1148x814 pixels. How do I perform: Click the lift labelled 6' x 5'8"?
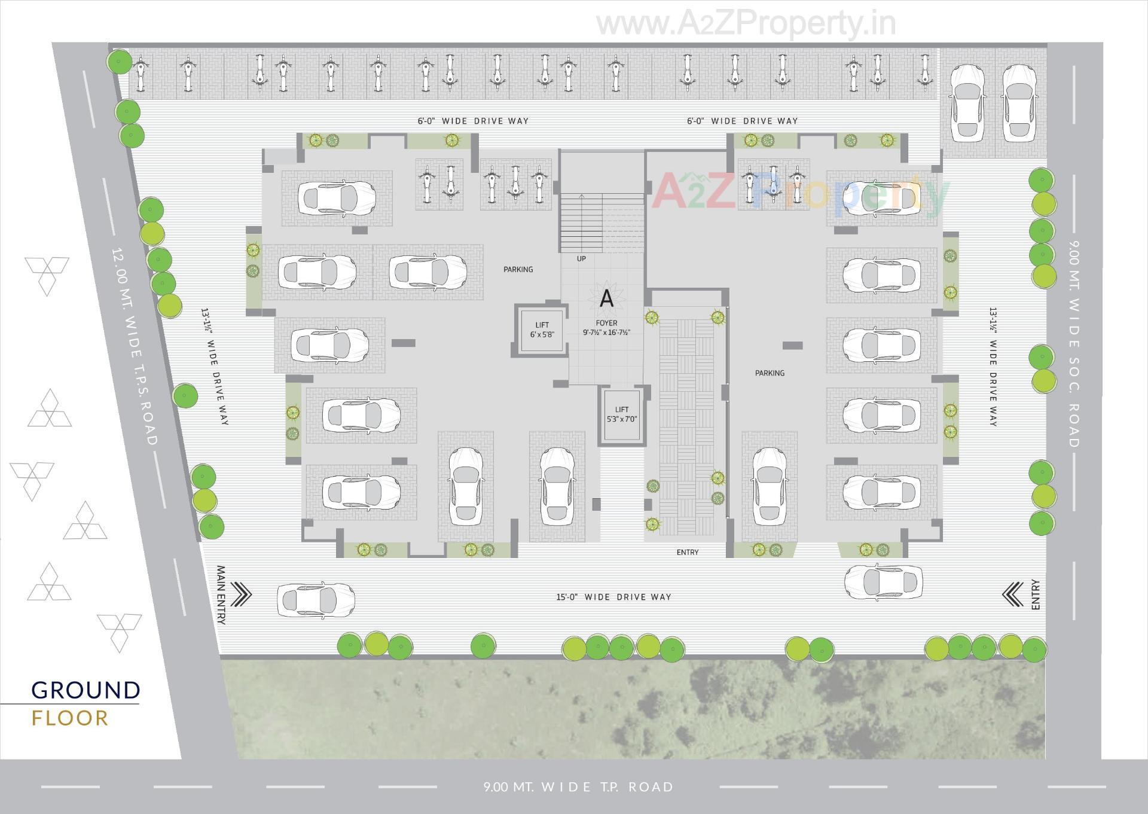tap(541, 330)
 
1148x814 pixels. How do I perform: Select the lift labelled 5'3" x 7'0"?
tap(622, 414)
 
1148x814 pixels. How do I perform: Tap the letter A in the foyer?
tap(606, 298)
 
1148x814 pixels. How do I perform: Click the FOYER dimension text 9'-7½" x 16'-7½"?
tap(606, 333)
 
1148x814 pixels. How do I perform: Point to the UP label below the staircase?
tap(581, 259)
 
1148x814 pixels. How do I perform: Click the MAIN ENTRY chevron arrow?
tap(241, 595)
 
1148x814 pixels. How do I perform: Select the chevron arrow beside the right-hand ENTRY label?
tap(1012, 595)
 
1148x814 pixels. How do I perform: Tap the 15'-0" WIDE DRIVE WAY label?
tap(613, 597)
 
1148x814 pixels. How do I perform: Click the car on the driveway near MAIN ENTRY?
tap(316, 598)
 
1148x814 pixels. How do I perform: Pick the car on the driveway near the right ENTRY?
tap(883, 580)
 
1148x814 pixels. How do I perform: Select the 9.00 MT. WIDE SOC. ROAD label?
tap(1074, 344)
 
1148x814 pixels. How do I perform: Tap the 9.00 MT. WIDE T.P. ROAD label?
tap(578, 787)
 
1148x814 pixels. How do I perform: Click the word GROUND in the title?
tap(86, 690)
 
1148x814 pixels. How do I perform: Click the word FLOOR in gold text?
tap(70, 718)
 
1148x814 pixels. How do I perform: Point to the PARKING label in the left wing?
tap(518, 270)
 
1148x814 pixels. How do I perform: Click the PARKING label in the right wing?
tap(770, 373)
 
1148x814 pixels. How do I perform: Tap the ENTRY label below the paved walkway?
tap(687, 553)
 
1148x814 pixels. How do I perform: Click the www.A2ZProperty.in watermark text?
tap(746, 24)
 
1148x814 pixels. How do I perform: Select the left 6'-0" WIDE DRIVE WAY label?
tap(473, 121)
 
